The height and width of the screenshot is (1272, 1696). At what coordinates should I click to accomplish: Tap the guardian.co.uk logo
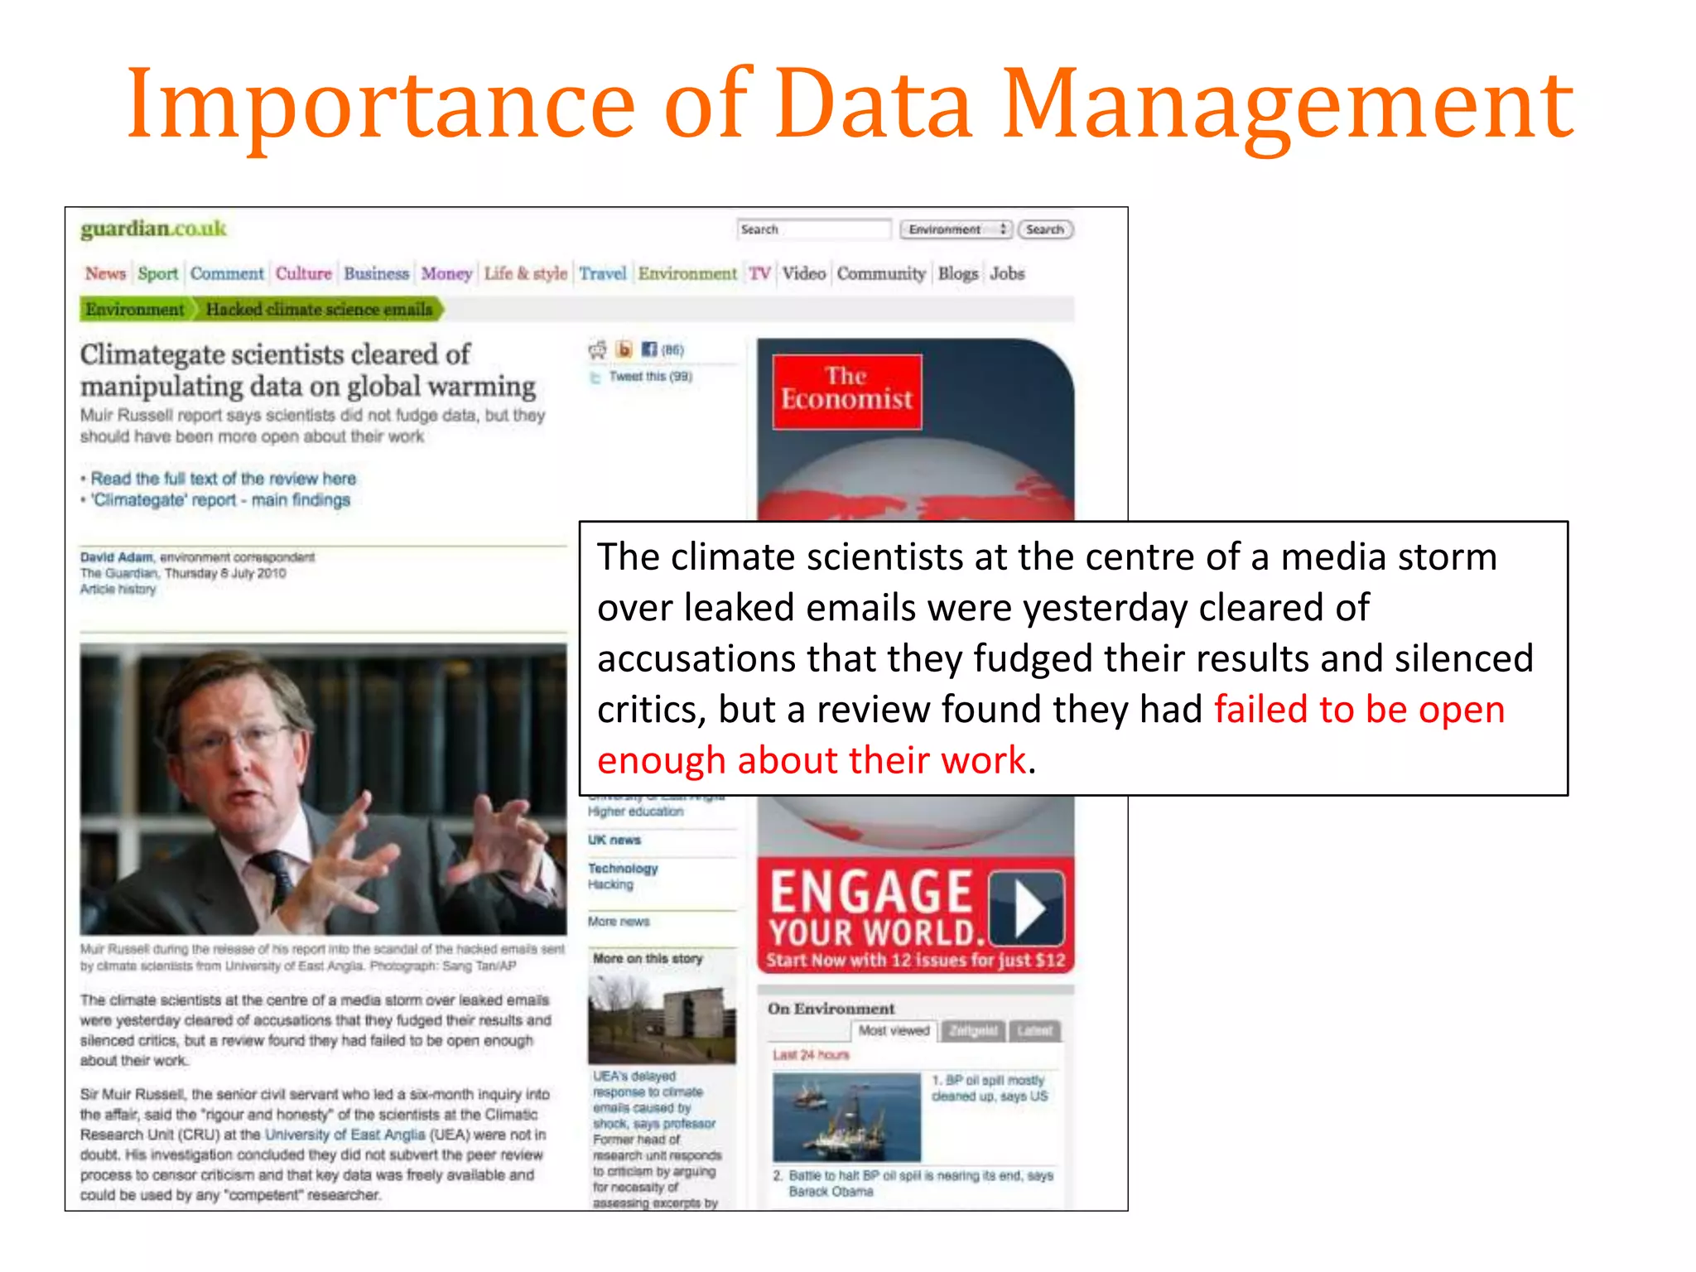pos(153,229)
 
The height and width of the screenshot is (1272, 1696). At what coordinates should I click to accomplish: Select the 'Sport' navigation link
pos(157,273)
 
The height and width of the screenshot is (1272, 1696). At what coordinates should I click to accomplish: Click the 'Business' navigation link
pos(376,273)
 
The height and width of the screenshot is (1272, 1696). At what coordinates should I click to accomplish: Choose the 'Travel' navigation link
pos(602,273)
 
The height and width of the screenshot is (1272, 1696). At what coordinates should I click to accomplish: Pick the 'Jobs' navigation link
pos(1007,273)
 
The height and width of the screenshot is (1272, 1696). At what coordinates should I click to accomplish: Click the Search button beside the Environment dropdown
pos(1045,229)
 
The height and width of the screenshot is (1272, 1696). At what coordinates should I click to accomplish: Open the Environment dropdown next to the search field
pos(956,229)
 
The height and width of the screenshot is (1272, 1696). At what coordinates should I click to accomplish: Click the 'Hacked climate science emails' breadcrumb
pos(319,309)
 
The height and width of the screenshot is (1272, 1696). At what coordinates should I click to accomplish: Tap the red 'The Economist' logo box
pos(846,391)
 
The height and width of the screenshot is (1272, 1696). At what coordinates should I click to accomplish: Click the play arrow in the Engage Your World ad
pos(1028,908)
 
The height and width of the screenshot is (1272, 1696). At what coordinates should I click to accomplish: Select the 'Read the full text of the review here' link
pos(224,479)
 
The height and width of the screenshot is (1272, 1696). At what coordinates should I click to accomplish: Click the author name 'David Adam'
pos(117,557)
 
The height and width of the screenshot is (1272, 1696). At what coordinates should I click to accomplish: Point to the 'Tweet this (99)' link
pos(649,377)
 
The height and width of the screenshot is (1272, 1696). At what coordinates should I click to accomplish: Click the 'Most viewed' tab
pos(894,1031)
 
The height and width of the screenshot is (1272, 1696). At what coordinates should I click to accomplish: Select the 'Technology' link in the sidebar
pos(623,869)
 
